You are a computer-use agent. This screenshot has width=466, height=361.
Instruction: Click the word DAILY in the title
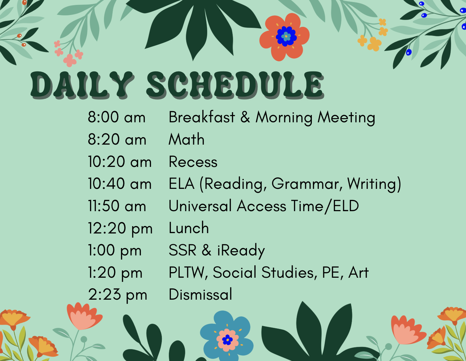(82, 85)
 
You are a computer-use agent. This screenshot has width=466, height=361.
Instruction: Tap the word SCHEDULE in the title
(235, 85)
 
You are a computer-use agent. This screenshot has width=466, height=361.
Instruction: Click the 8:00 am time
(116, 117)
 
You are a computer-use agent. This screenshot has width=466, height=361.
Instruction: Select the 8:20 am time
(117, 139)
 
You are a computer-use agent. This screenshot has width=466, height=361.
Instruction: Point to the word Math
(186, 139)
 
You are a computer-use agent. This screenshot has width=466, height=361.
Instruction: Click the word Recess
(193, 162)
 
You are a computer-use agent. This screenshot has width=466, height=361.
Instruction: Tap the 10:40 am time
(120, 184)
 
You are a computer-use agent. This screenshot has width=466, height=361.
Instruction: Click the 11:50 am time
(117, 206)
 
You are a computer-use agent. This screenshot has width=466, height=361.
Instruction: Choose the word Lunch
(189, 228)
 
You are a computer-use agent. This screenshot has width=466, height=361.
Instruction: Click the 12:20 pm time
(120, 229)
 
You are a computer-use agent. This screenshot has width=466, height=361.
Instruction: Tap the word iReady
(241, 251)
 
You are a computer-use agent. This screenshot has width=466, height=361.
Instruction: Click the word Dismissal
(200, 294)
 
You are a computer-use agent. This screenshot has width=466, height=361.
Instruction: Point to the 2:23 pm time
(118, 295)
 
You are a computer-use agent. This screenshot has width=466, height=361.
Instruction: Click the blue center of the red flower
(286, 37)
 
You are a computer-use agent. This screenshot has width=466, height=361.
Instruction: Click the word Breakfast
(202, 117)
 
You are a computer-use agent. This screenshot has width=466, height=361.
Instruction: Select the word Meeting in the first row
(346, 118)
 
